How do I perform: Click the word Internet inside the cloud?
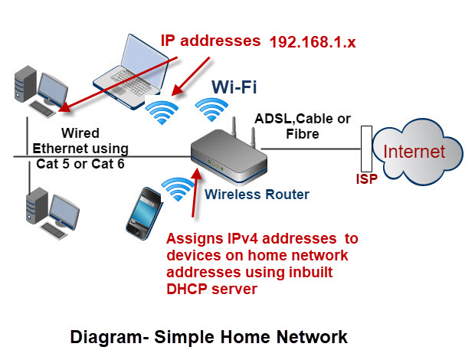(x=414, y=152)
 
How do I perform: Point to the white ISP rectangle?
(x=365, y=150)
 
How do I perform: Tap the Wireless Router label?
(x=257, y=195)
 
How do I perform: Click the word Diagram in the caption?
(x=100, y=336)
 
